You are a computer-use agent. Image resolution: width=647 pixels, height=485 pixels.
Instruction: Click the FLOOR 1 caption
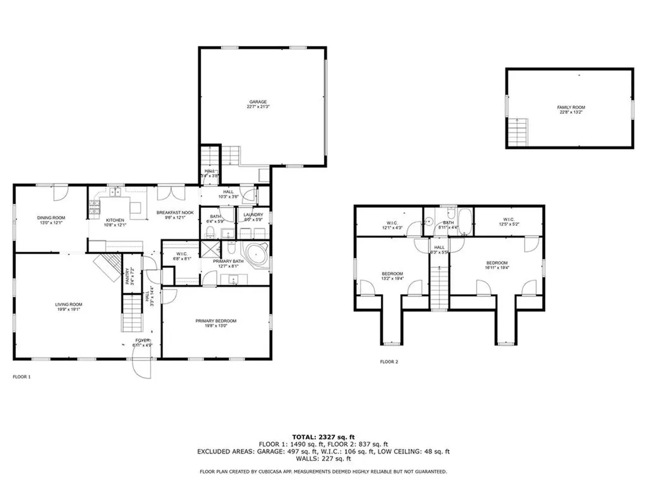click(x=21, y=377)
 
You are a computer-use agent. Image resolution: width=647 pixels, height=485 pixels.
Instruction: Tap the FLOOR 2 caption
click(x=389, y=362)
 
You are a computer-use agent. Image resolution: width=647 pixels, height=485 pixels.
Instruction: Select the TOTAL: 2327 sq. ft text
click(x=323, y=437)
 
